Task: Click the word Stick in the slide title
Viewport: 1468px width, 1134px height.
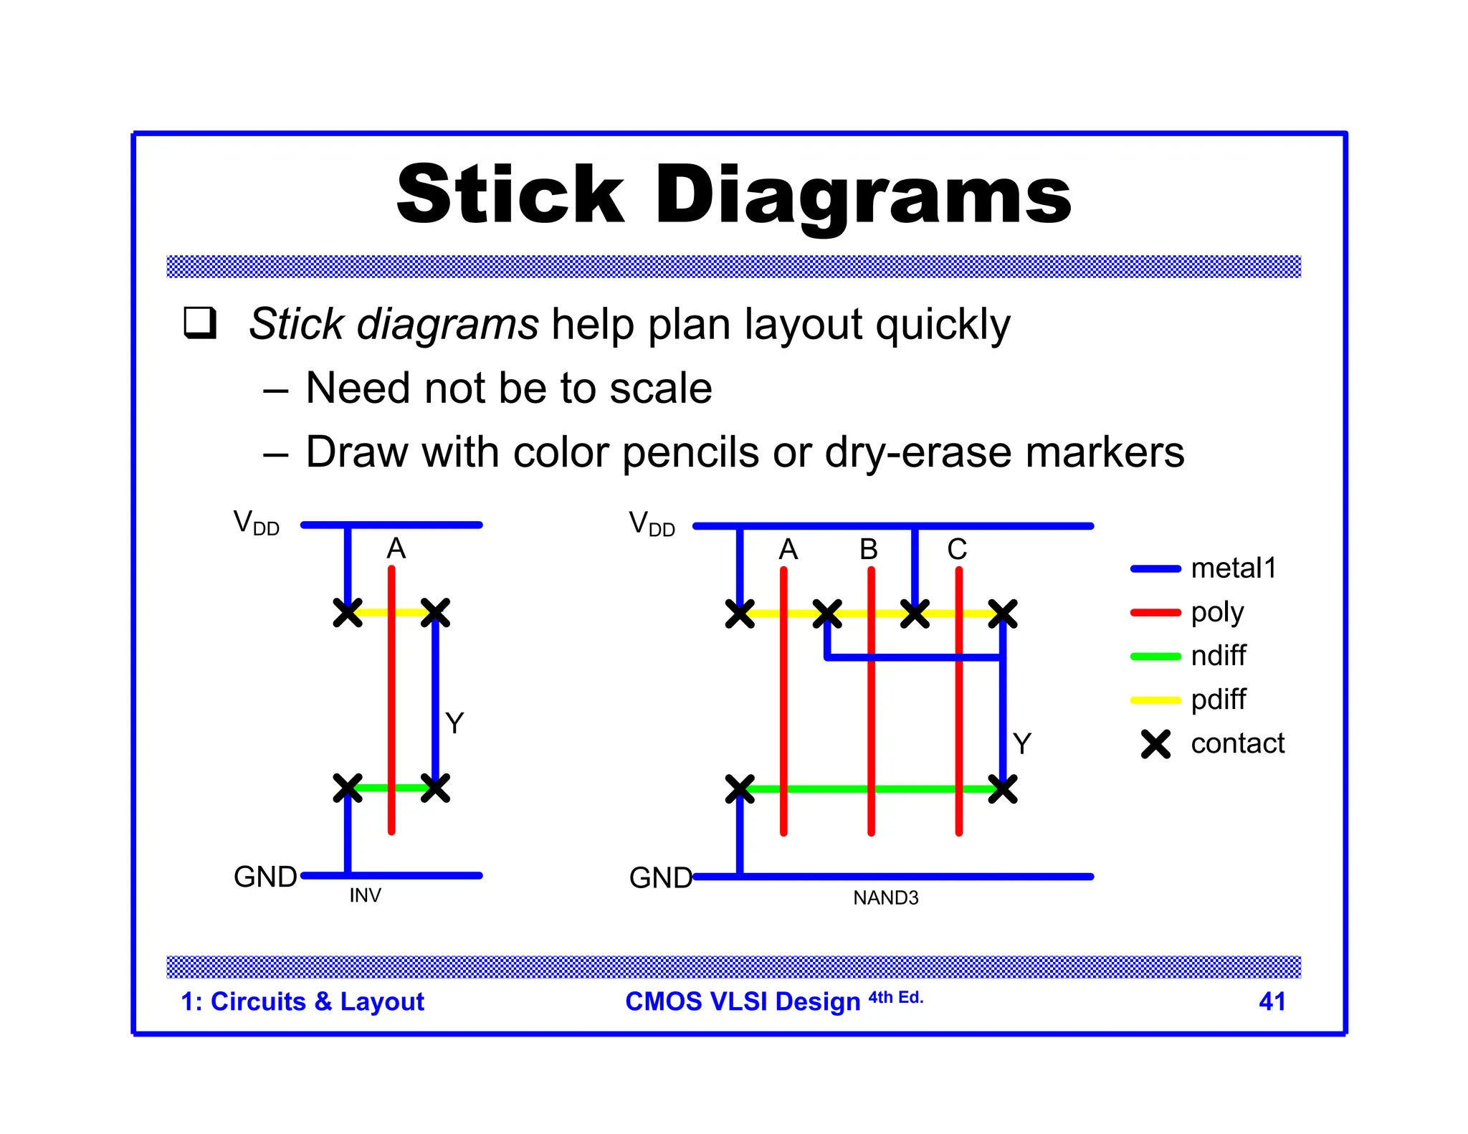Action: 510,195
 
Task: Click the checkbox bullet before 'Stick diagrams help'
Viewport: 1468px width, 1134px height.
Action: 200,323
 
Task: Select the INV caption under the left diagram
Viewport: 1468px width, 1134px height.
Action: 365,895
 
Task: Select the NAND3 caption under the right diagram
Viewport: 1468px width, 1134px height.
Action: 885,897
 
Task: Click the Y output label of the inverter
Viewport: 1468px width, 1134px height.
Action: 454,723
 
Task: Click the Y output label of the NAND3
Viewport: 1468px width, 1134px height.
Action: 1022,743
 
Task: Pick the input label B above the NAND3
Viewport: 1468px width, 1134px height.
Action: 869,550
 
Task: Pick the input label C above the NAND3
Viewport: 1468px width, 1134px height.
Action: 957,550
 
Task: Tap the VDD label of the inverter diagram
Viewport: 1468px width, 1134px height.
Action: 256,523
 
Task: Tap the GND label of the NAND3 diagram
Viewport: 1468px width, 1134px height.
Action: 660,877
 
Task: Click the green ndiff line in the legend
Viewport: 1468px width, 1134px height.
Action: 1155,657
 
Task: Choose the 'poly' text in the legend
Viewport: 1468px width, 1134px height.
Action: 1217,612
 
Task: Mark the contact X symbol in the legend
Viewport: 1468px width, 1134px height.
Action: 1155,744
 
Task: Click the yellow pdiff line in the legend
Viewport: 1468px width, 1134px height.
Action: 1155,700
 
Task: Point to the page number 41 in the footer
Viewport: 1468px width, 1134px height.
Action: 1272,1001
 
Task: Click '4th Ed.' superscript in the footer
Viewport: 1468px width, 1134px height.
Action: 896,997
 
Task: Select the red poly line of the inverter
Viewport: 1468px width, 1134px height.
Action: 391,702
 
